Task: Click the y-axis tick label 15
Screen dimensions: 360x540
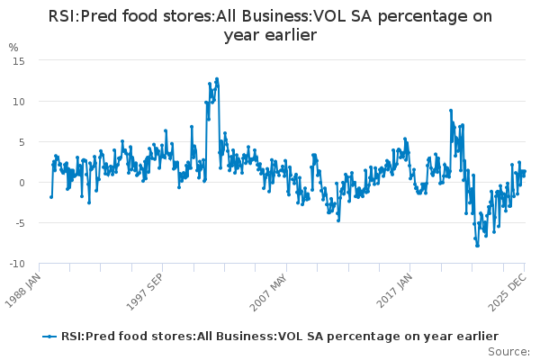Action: pyautogui.click(x=18, y=60)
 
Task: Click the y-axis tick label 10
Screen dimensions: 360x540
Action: pyautogui.click(x=18, y=101)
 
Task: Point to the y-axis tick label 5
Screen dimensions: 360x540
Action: pyautogui.click(x=21, y=141)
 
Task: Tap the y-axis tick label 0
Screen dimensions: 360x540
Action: pyautogui.click(x=21, y=183)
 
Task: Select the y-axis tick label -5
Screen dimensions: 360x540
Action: pyautogui.click(x=19, y=223)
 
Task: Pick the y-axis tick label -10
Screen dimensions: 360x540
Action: pyautogui.click(x=16, y=264)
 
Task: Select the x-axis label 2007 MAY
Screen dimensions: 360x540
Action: pyautogui.click(x=272, y=291)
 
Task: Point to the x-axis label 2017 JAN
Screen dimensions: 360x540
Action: pyautogui.click(x=397, y=291)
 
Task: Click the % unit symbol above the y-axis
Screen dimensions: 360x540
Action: pyautogui.click(x=13, y=47)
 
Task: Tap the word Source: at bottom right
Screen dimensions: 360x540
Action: pyautogui.click(x=509, y=351)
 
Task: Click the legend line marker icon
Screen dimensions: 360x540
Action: pyautogui.click(x=49, y=336)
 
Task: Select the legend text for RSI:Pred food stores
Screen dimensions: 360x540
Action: pyautogui.click(x=279, y=336)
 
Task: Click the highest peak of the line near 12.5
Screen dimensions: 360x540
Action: pyautogui.click(x=216, y=79)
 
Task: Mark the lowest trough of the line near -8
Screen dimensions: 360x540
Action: pyautogui.click(x=477, y=245)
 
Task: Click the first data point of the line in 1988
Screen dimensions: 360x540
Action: pyautogui.click(x=50, y=196)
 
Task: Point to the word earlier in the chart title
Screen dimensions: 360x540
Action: pyautogui.click(x=289, y=35)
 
